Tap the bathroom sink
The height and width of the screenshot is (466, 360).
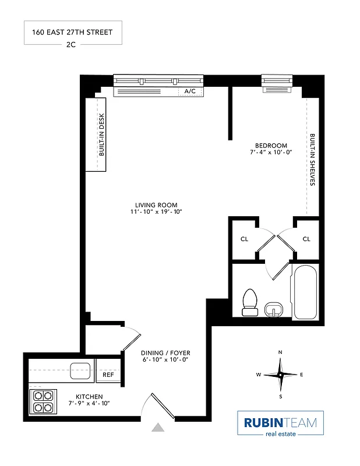273,308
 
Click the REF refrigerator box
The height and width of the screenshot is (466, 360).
108,375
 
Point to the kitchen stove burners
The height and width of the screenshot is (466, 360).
43,401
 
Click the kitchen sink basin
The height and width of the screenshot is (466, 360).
80,370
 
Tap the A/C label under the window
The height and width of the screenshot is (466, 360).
190,91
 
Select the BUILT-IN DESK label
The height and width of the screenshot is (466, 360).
101,135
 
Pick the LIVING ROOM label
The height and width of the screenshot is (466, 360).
156,205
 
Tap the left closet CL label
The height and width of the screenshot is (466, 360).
244,239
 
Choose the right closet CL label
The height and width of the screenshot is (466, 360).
306,239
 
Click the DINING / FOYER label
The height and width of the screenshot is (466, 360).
165,353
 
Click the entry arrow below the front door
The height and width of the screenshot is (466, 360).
158,428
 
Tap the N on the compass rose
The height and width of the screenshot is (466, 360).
280,352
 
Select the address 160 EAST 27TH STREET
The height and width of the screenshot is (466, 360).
73,33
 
